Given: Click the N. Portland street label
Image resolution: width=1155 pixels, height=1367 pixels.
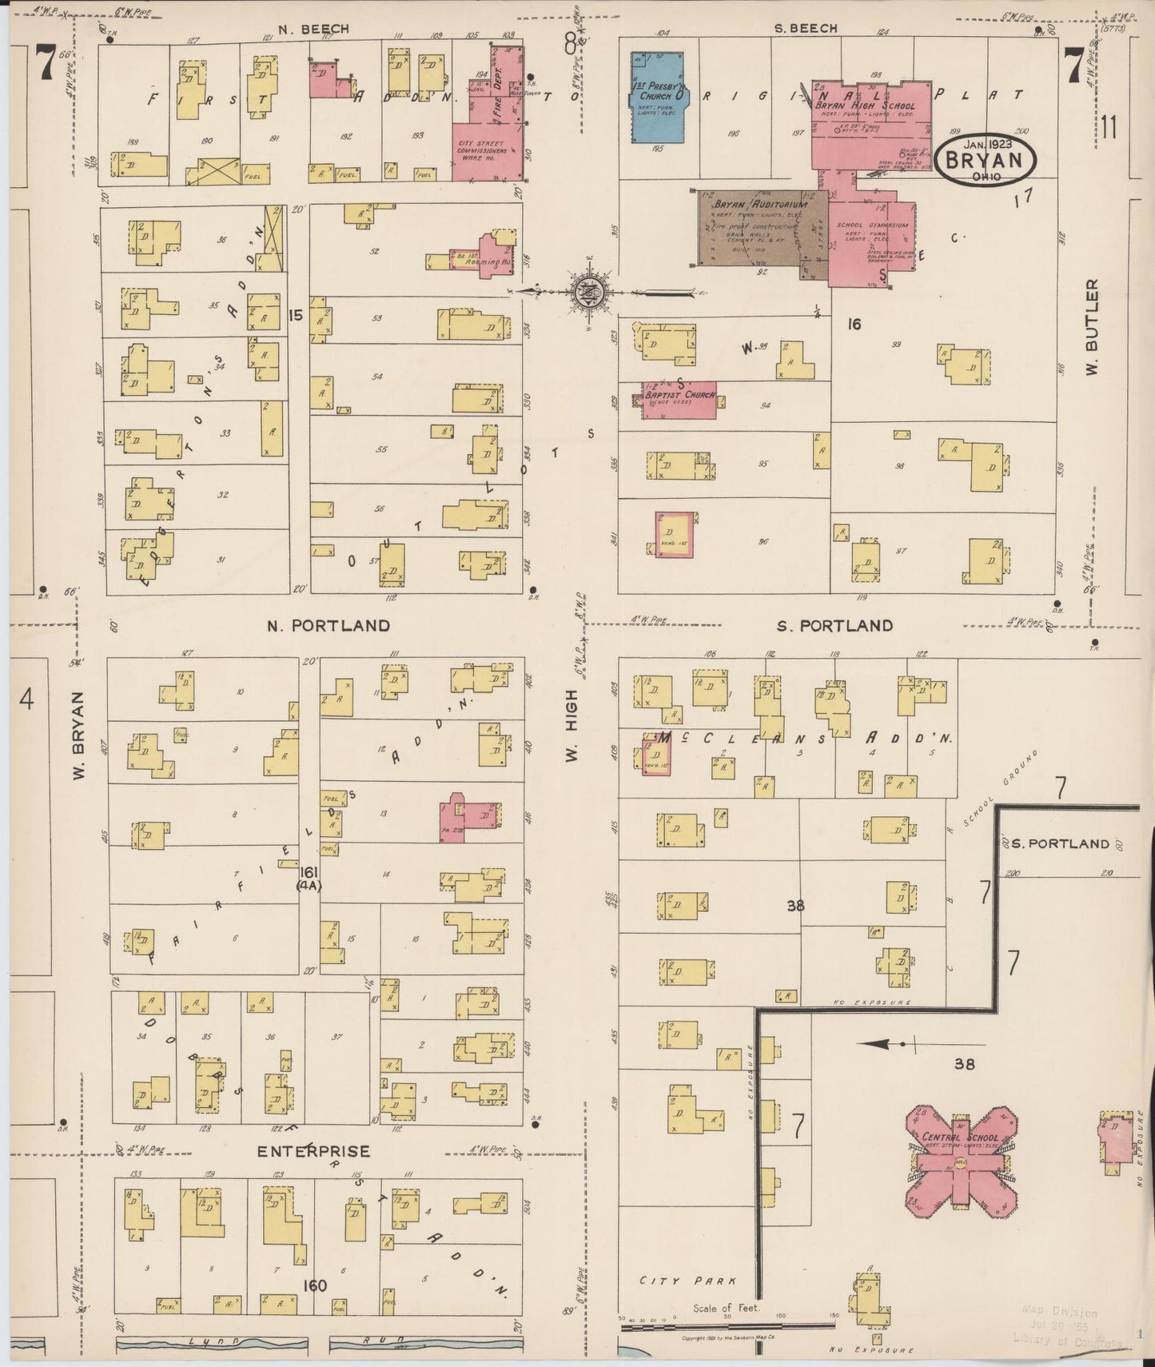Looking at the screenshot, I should (329, 625).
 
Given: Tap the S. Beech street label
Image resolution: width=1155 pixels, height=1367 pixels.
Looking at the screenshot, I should (806, 28).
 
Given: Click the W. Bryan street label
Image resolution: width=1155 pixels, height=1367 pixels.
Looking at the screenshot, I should (78, 736).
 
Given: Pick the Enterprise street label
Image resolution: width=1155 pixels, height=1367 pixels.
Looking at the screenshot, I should (313, 1151).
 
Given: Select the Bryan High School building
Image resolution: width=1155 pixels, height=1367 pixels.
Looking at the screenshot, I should (871, 128).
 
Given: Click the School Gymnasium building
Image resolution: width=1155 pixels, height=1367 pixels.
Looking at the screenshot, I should (871, 240).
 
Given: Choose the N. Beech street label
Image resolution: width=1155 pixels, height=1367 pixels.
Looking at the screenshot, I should (313, 29).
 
